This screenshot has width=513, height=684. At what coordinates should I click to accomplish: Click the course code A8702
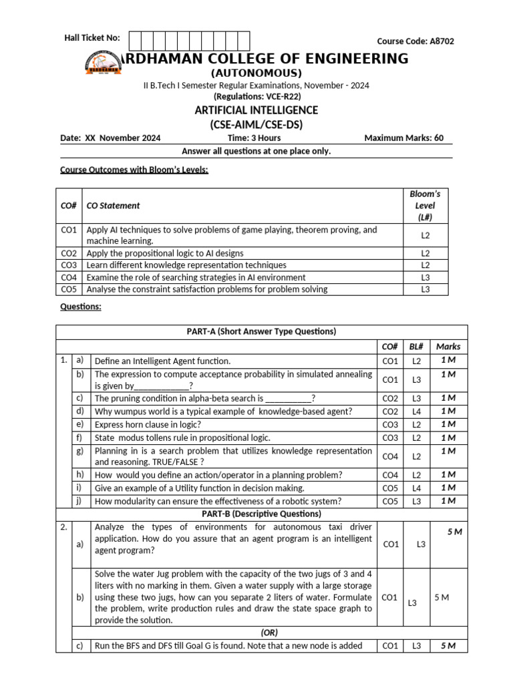pyautogui.click(x=415, y=41)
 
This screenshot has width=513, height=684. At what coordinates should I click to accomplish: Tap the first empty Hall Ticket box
pyautogui.click(x=134, y=41)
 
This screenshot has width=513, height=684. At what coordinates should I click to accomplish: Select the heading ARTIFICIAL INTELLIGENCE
pyautogui.click(x=256, y=110)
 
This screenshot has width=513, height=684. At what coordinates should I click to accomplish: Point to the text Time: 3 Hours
pyautogui.click(x=254, y=138)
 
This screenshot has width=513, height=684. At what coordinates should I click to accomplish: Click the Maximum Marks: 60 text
pyautogui.click(x=403, y=138)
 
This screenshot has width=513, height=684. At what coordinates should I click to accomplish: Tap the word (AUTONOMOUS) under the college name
pyautogui.click(x=256, y=73)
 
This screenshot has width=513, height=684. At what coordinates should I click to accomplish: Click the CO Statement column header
pyautogui.click(x=114, y=206)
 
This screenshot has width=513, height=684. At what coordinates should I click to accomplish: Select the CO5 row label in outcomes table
pyautogui.click(x=69, y=289)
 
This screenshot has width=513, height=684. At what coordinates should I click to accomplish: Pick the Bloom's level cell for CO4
pyautogui.click(x=425, y=277)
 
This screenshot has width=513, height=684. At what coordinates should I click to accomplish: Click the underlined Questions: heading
pyautogui.click(x=81, y=307)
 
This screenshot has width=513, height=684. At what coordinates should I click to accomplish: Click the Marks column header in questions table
pyautogui.click(x=448, y=346)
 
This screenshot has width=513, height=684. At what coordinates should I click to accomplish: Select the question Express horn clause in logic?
pyautogui.click(x=148, y=424)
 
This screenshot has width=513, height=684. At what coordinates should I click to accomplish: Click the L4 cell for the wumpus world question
pyautogui.click(x=416, y=411)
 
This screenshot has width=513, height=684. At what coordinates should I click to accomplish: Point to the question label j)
pyautogui.click(x=80, y=500)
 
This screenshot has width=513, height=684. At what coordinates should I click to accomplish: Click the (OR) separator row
pyautogui.click(x=269, y=633)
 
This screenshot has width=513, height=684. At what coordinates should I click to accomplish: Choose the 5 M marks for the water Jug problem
pyautogui.click(x=442, y=597)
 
